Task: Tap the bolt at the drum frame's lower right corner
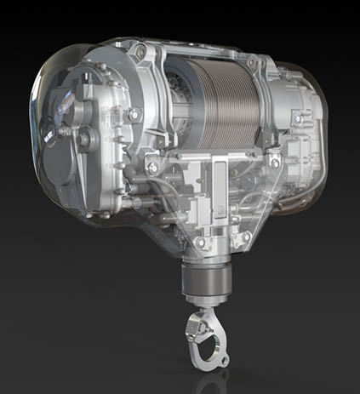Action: tap(274, 162)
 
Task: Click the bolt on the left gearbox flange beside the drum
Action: tap(134, 113)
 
